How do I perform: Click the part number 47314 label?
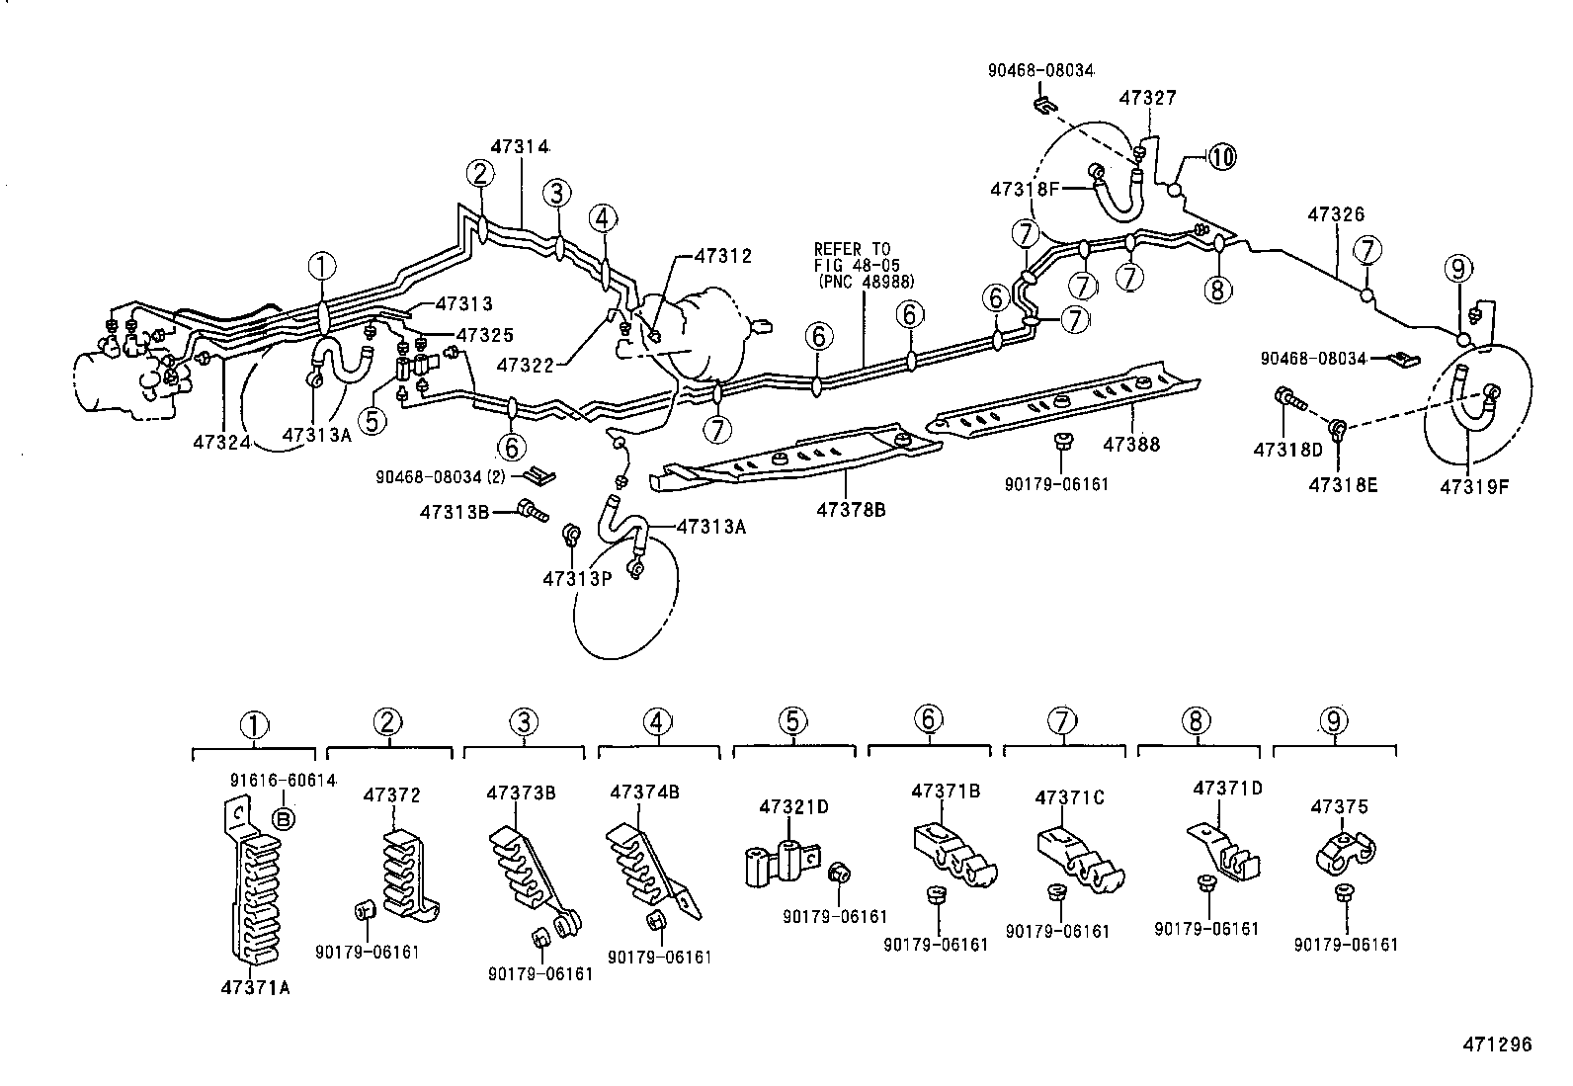tap(519, 146)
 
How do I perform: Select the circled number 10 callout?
tap(1221, 156)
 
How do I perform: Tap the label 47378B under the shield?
tap(851, 510)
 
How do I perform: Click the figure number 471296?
tap(1497, 1044)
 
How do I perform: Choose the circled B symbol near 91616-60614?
tap(283, 818)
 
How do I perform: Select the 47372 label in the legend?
tap(391, 794)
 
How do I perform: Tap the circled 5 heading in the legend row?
tap(792, 721)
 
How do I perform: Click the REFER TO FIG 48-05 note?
tap(863, 265)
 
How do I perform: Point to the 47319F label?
tap(1474, 486)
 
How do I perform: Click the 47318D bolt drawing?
tap(1288, 399)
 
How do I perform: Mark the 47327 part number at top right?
tap(1147, 98)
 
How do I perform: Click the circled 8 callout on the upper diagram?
tap(1217, 289)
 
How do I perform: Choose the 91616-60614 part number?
tap(283, 781)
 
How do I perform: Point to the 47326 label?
tap(1335, 214)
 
